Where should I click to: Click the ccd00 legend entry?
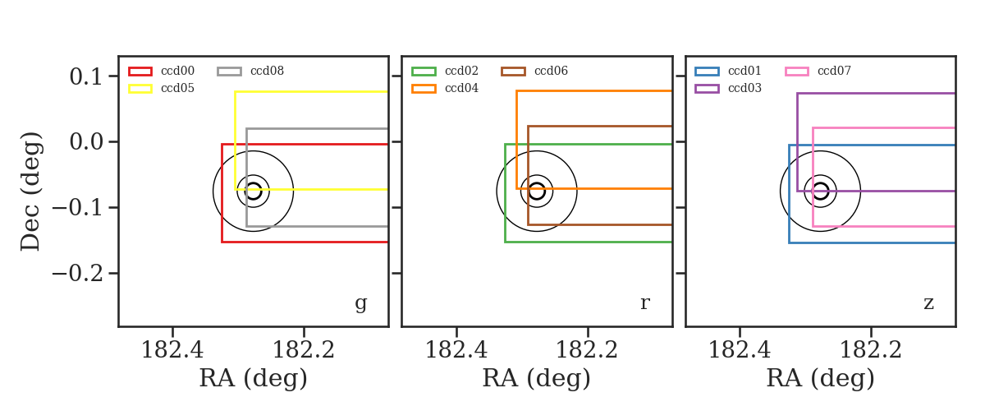click(162, 71)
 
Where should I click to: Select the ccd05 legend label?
click(177, 88)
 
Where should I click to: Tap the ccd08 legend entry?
click(250, 71)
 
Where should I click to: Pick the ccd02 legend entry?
click(445, 71)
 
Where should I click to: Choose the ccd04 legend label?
click(461, 88)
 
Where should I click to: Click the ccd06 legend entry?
click(534, 71)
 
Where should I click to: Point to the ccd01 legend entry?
click(728, 71)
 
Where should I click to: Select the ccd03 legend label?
click(745, 88)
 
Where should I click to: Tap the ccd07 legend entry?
click(818, 71)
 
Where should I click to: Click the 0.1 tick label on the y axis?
click(86, 76)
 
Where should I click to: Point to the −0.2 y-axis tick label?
click(77, 274)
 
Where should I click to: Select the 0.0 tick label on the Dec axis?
click(86, 142)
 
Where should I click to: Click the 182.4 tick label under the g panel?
click(172, 350)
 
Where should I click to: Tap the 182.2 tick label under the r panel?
click(588, 350)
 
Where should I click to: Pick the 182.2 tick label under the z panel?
click(871, 350)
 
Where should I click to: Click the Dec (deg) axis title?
click(31, 192)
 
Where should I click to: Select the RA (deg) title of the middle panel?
click(537, 378)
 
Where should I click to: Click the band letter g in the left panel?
click(361, 303)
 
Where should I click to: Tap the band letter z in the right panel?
click(928, 303)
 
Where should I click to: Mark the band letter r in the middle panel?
click(645, 303)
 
